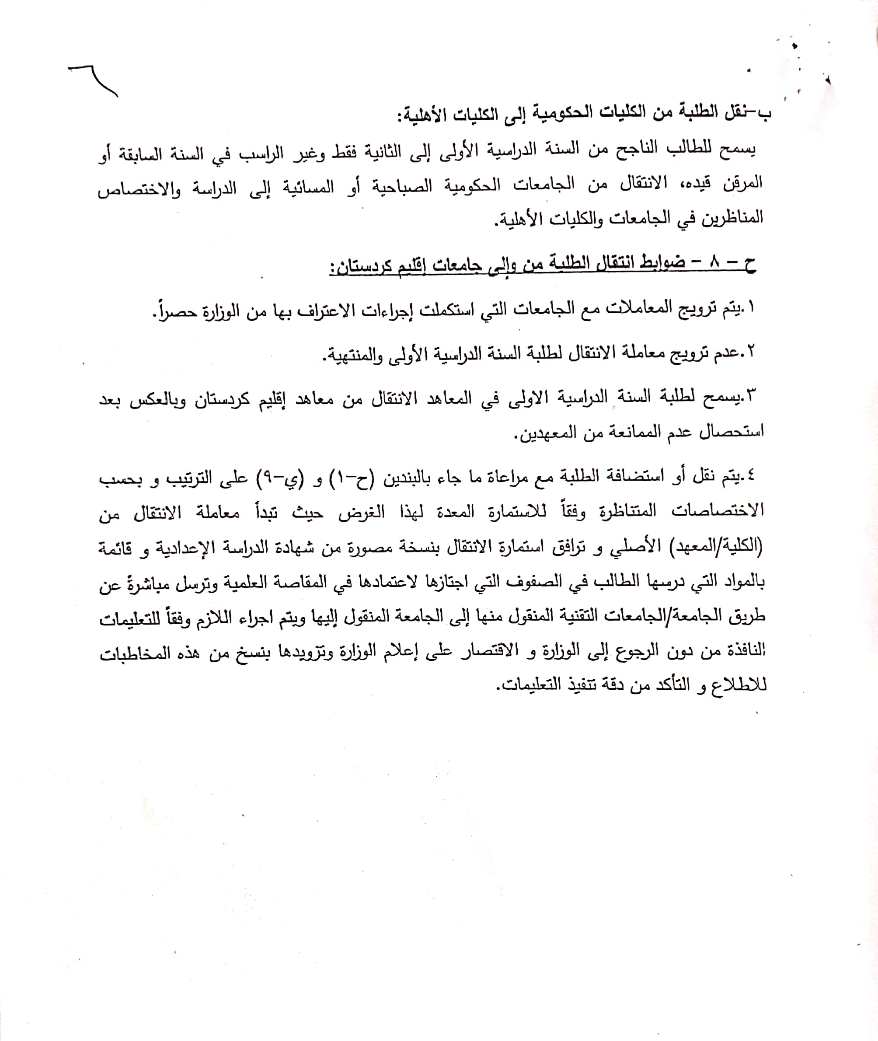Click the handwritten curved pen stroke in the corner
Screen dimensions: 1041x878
[x=94, y=80]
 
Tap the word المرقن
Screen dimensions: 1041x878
[x=741, y=183]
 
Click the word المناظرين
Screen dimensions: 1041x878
[x=732, y=217]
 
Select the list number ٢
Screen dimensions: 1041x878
[x=750, y=352]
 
